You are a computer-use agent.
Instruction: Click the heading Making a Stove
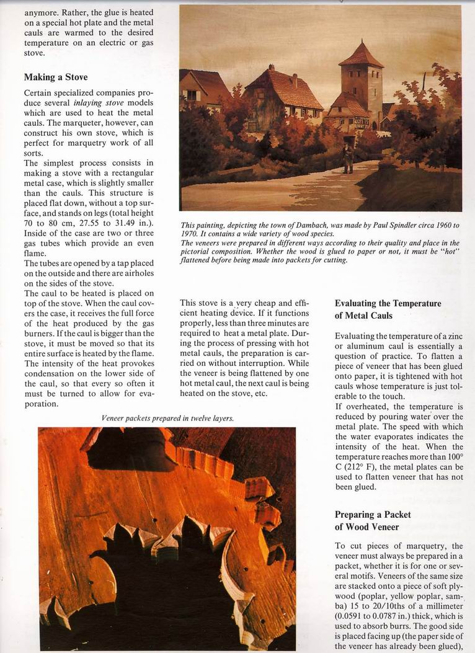point(56,78)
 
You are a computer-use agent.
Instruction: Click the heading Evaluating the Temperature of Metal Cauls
point(388,309)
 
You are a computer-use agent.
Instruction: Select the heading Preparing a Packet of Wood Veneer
point(373,521)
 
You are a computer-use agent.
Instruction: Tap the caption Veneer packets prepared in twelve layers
point(167,419)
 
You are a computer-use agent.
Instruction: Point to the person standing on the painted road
point(348,158)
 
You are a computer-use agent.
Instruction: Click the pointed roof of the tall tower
point(361,55)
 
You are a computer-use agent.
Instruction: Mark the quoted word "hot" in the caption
point(450,252)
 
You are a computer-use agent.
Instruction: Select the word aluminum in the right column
point(373,346)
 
